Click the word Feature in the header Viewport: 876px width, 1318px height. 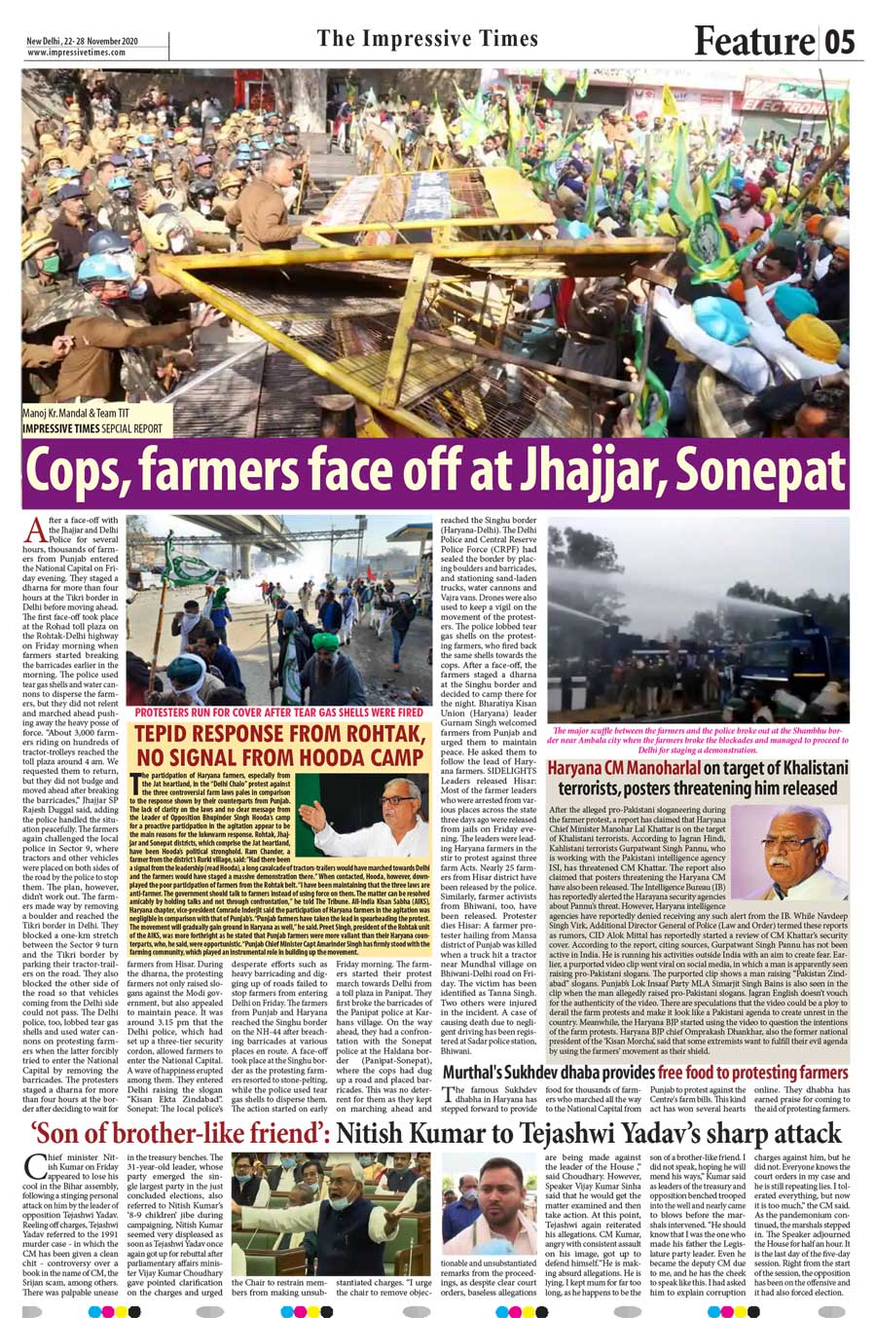753,41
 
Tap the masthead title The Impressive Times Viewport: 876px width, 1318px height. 427,39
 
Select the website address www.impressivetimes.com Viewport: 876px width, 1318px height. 77,53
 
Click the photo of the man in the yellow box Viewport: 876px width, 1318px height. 362,814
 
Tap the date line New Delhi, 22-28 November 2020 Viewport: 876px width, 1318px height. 83,40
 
